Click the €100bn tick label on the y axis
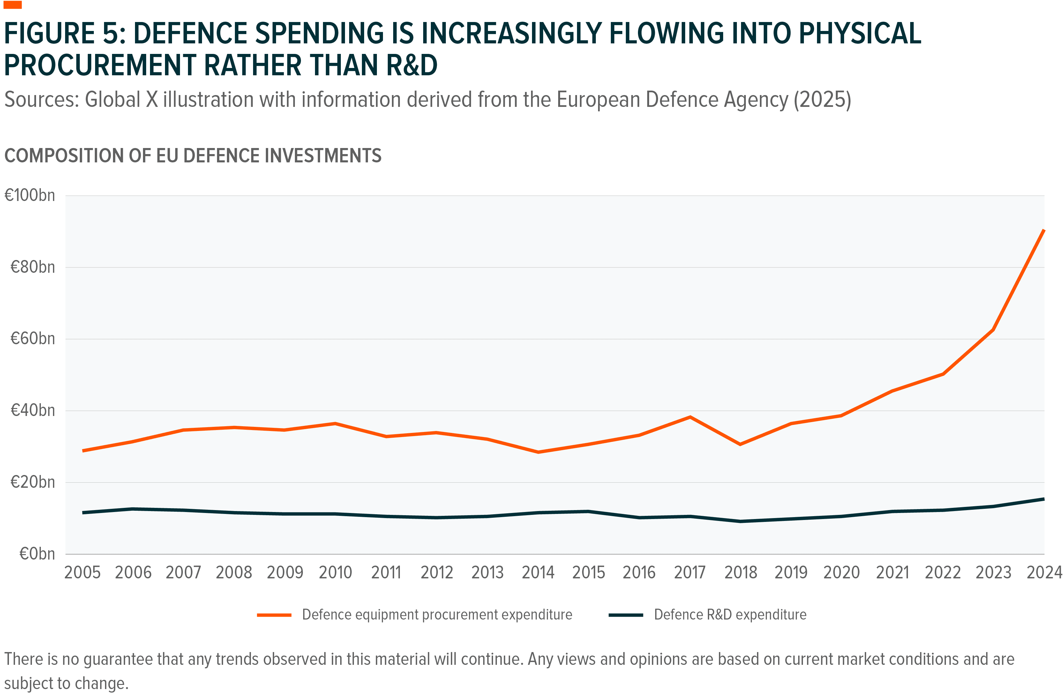(29, 196)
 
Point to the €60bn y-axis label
(33, 339)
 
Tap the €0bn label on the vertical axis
(37, 554)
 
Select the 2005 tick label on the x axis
(82, 572)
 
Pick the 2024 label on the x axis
(1044, 572)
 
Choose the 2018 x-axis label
(740, 572)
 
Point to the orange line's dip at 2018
(740, 444)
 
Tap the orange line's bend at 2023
(993, 330)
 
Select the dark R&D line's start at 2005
(83, 513)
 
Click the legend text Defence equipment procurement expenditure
(437, 615)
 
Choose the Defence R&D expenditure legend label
(730, 615)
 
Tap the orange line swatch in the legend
(274, 615)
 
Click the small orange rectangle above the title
(12, 5)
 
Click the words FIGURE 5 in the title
(65, 33)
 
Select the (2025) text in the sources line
(822, 100)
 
